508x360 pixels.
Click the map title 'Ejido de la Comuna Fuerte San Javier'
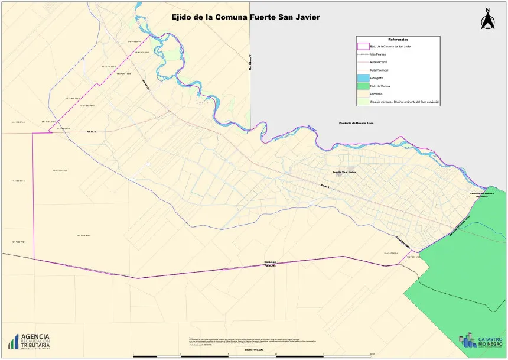245,18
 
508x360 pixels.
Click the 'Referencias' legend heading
399,38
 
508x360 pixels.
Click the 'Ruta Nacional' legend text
379,62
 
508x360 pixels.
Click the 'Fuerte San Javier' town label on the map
344,172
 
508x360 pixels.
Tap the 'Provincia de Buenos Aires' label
356,123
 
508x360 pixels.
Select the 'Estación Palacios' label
270,264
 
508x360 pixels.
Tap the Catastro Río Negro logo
480,340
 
